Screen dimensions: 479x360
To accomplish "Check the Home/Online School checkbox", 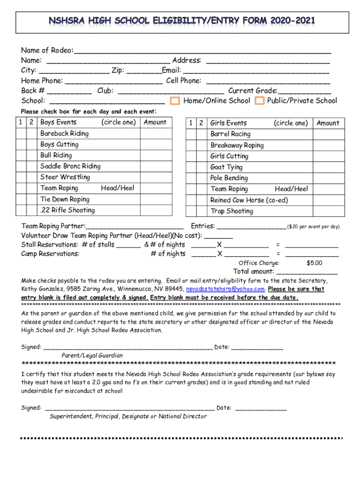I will click(x=175, y=101).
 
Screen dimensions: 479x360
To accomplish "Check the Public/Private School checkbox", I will click(x=259, y=101).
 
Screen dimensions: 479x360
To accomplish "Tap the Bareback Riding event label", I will click(x=65, y=134).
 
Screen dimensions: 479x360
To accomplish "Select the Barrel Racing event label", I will click(x=230, y=134).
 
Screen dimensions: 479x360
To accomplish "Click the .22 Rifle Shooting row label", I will click(x=67, y=210).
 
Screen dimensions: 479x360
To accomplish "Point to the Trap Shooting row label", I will click(x=232, y=211).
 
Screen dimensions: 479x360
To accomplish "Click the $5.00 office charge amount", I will click(x=314, y=263).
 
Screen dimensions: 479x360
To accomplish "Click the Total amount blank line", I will click(x=307, y=272).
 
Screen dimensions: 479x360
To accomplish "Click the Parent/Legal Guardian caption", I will click(x=92, y=356).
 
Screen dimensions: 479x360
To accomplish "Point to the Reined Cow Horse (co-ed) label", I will click(x=249, y=200).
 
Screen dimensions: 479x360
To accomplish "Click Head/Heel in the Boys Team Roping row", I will click(x=117, y=188).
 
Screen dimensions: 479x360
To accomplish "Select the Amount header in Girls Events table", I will click(x=328, y=123).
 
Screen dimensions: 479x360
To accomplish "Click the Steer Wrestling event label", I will click(x=65, y=177).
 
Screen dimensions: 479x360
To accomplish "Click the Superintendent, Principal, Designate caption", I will click(x=128, y=416).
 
